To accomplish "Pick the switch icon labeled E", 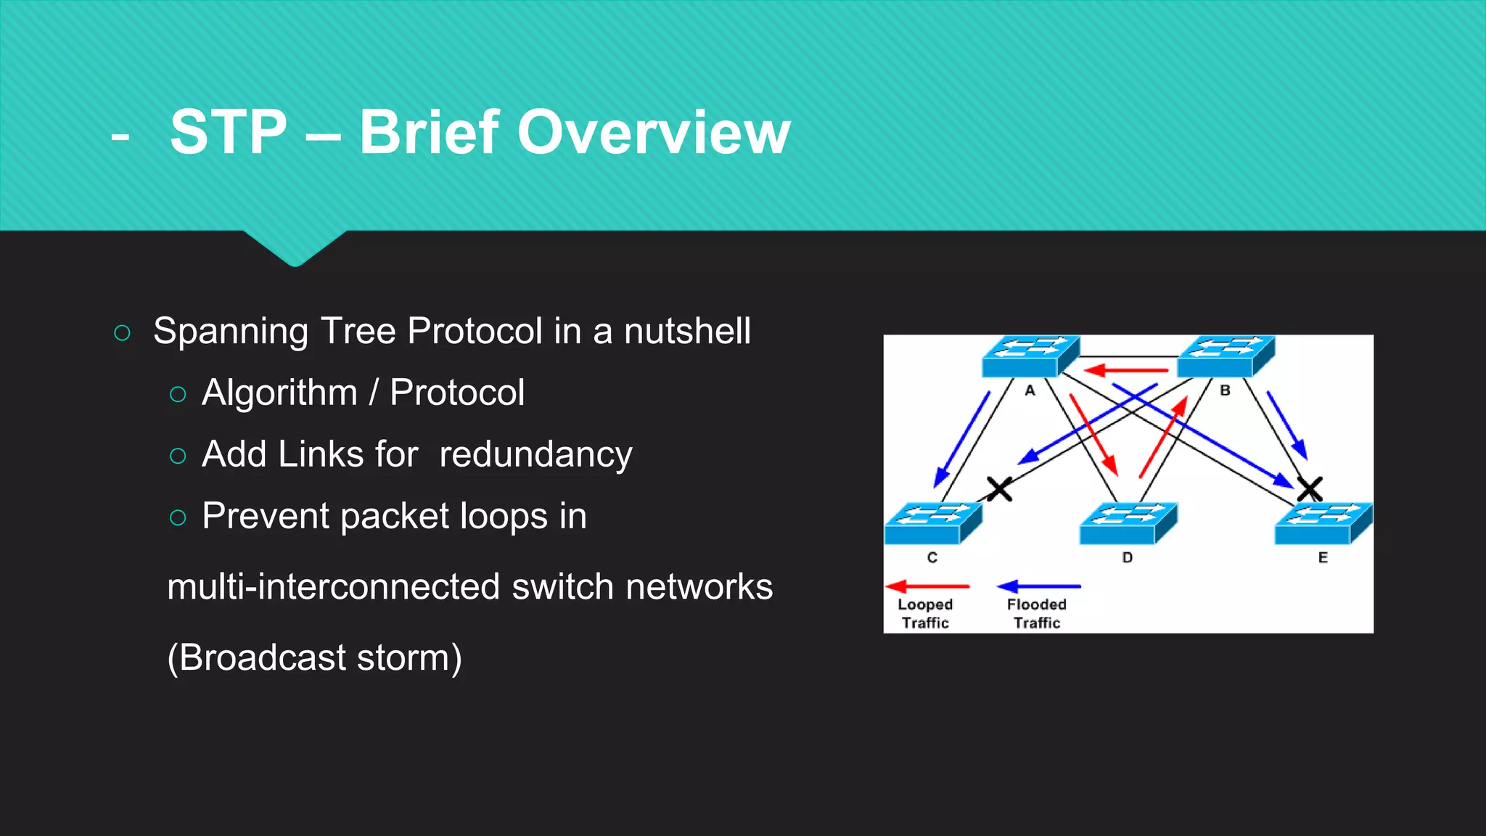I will click(x=1323, y=524).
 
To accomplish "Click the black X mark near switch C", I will click(x=999, y=489).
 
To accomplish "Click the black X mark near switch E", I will click(x=1310, y=488).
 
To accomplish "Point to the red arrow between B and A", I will click(x=1127, y=371).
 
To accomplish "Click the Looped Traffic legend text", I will click(x=925, y=613).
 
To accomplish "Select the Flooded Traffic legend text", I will click(x=1037, y=613).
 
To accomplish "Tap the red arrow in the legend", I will click(x=928, y=586).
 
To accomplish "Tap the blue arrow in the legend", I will click(x=1039, y=586).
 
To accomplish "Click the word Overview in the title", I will click(x=653, y=133).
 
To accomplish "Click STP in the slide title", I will click(x=229, y=133).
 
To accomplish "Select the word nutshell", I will click(x=687, y=332).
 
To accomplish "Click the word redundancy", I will click(x=535, y=455).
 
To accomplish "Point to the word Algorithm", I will click(x=279, y=393).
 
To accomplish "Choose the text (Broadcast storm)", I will click(x=314, y=657).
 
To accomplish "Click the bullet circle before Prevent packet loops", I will click(x=178, y=517).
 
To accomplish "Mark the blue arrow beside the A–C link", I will click(x=961, y=440).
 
